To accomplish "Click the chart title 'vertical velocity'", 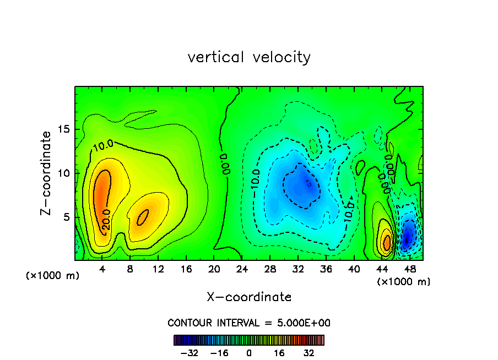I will [249, 57].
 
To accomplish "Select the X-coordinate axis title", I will [249, 297].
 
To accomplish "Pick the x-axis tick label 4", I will [102, 269].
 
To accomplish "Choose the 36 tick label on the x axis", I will [326, 269].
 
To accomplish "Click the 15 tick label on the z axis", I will [62, 129].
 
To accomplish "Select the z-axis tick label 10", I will [62, 173].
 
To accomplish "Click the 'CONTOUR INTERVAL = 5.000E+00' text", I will [249, 323].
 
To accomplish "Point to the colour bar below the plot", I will [249, 340].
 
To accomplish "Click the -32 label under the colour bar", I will [189, 353].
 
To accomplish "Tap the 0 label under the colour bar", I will [249, 353].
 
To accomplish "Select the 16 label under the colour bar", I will [279, 353].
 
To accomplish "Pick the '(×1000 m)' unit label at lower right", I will [404, 282].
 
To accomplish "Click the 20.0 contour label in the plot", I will [106, 219].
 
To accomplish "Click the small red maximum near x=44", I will [387, 241].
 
